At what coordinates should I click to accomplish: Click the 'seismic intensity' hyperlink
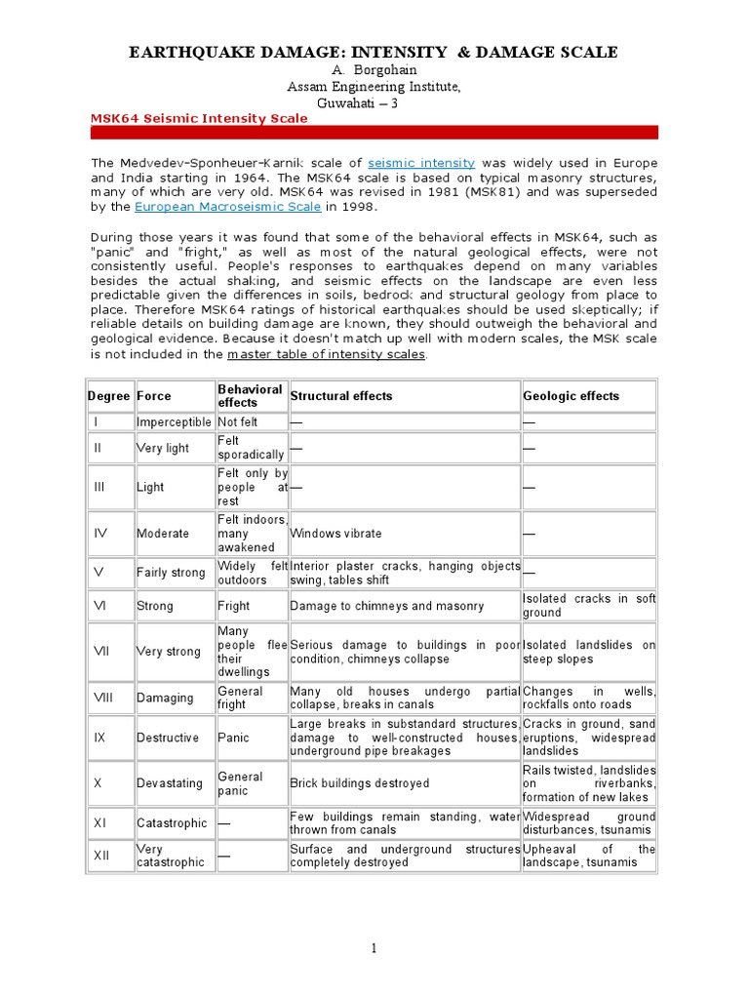(422, 163)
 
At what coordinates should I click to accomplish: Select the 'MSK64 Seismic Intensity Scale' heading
(199, 118)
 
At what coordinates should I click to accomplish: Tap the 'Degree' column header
(108, 396)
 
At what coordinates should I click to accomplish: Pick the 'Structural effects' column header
(341, 396)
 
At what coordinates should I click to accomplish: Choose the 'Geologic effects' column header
(571, 396)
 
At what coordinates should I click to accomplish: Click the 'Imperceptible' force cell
(174, 422)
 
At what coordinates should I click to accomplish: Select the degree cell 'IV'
(100, 534)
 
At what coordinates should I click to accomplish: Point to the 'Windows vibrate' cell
(336, 534)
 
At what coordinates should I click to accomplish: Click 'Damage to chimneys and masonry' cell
(387, 606)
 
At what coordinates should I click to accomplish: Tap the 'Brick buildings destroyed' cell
(360, 783)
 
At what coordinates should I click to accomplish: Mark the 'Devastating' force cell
(170, 783)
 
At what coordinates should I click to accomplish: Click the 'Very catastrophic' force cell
(171, 856)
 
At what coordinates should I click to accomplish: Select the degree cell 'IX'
(100, 738)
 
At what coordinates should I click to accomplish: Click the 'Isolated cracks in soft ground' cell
(589, 606)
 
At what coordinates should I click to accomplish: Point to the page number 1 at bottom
(374, 949)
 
